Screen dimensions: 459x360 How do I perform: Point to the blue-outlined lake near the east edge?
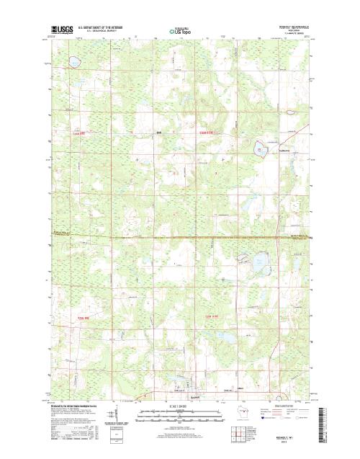tap(260, 151)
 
